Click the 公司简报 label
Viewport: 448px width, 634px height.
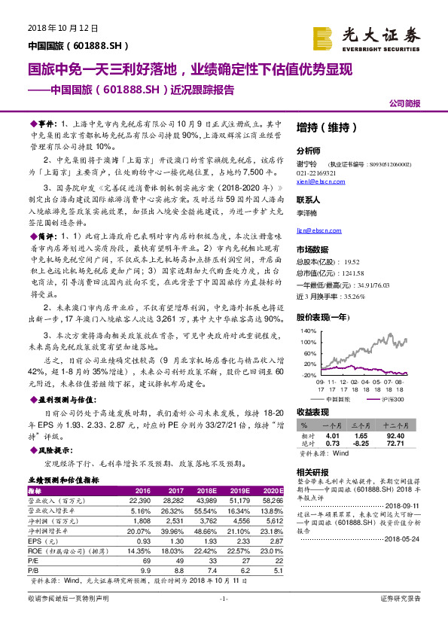coord(404,103)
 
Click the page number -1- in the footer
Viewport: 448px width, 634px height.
coord(224,619)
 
